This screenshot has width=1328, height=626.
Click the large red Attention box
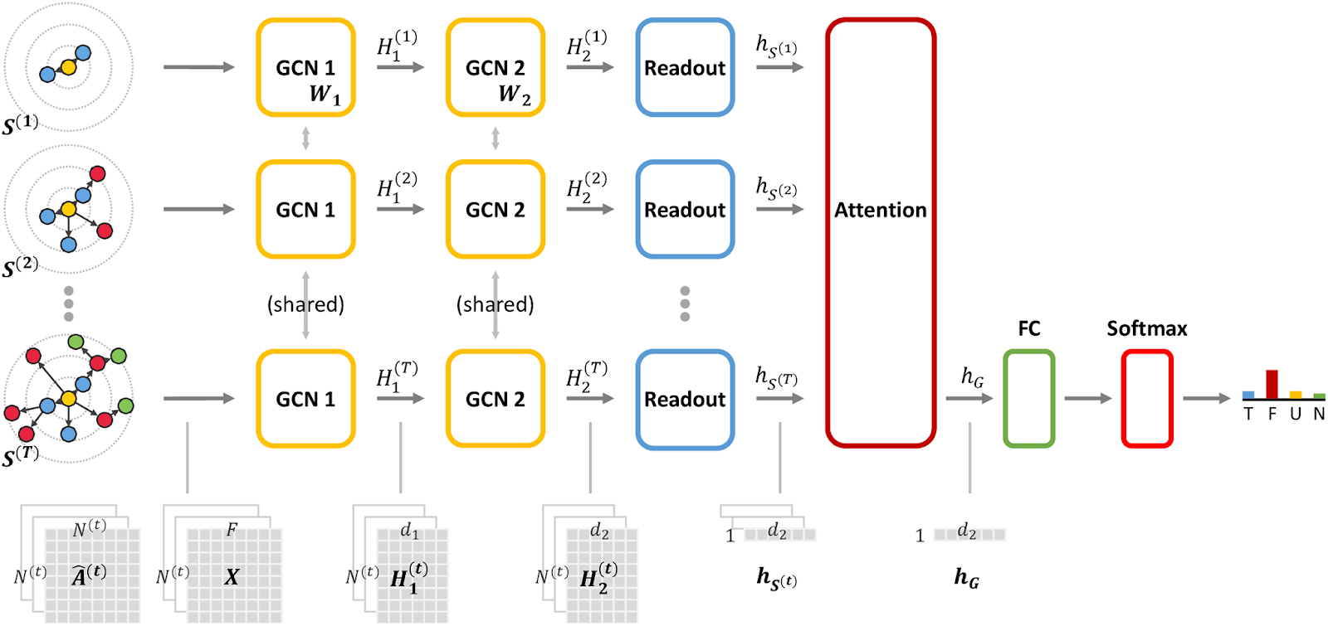click(x=880, y=232)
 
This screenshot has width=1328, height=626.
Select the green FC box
click(x=1028, y=399)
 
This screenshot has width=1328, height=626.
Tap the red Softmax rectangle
click(x=1146, y=399)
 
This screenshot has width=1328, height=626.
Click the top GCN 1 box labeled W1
click(x=305, y=68)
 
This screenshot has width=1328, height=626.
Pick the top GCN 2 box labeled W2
click(x=495, y=68)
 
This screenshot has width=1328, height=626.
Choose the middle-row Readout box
click(x=685, y=209)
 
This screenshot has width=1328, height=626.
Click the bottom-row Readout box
click(x=685, y=399)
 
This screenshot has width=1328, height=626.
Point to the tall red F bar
click(x=1272, y=384)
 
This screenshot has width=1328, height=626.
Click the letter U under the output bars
click(x=1295, y=414)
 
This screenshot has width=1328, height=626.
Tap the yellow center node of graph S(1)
click(x=68, y=67)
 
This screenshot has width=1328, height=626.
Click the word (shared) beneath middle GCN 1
click(x=305, y=304)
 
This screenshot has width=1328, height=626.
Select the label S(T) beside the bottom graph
click(x=20, y=456)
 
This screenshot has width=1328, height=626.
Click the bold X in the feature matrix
click(x=232, y=576)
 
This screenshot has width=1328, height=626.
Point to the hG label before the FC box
click(x=972, y=377)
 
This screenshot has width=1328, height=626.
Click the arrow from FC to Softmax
click(x=1087, y=399)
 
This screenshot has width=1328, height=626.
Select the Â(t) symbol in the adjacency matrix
click(x=89, y=575)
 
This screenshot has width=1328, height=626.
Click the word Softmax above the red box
click(x=1146, y=328)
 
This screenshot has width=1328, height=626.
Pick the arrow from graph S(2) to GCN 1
click(x=199, y=209)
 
